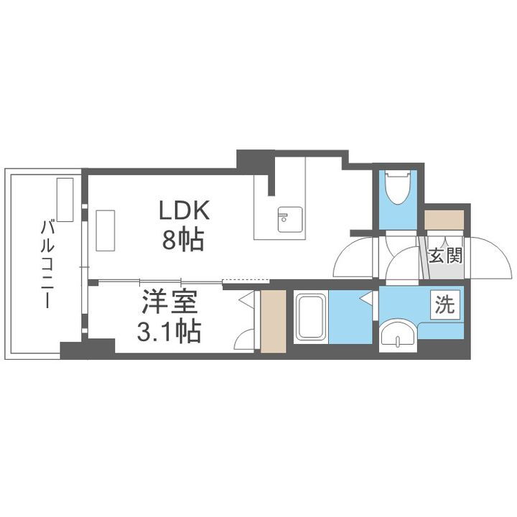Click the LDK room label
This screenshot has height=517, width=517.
click(183, 210)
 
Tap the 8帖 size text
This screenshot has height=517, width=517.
click(183, 238)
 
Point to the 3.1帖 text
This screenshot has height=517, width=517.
click(169, 331)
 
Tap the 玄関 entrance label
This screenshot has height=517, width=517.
click(445, 256)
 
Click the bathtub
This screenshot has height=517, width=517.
click(311, 317)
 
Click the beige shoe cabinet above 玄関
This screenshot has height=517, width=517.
click(443, 220)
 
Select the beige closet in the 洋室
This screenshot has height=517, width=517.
click(273, 322)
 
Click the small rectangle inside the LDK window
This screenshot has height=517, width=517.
click(106, 230)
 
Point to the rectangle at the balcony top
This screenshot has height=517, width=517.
click(65, 200)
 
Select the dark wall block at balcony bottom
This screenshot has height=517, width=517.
click(87, 350)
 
